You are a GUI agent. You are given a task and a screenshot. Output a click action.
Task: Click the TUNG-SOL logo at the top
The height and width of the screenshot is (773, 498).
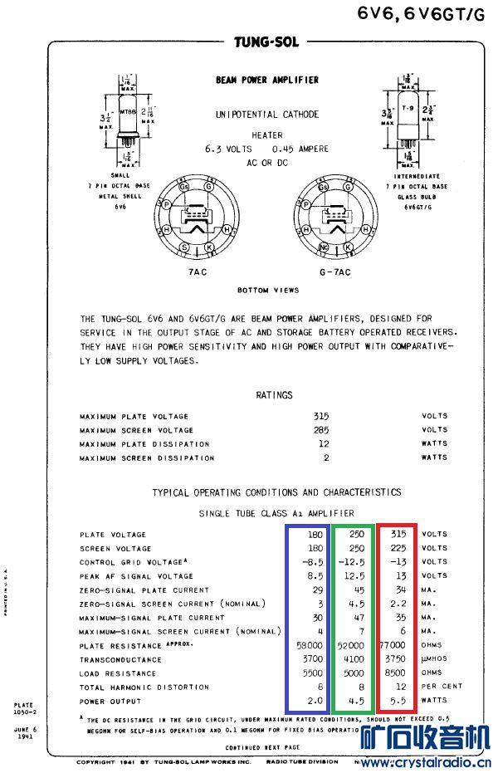click(266, 42)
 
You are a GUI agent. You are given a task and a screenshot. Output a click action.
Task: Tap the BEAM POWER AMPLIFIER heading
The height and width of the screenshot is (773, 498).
click(266, 80)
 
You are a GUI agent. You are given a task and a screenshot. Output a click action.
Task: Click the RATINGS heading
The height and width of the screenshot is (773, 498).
click(274, 395)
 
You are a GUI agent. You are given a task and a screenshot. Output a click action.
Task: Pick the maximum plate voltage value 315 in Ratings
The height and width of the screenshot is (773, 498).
click(321, 416)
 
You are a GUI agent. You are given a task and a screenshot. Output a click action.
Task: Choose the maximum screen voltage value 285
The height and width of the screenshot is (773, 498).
click(321, 430)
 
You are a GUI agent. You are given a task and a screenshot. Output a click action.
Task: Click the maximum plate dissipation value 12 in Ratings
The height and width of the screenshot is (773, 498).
click(324, 444)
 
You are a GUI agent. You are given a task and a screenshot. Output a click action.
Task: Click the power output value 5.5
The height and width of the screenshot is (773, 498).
click(400, 701)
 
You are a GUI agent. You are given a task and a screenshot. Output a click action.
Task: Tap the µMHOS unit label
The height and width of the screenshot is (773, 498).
click(435, 659)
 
